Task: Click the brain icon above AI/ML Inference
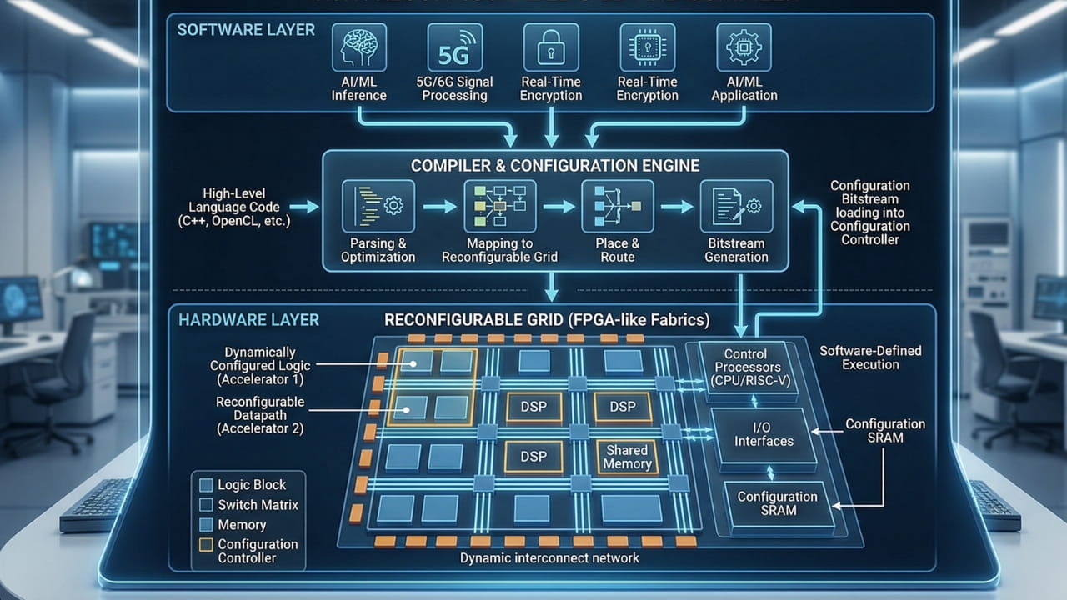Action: tap(358, 47)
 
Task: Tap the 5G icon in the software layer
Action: tap(454, 47)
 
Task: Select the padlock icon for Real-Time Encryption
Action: tap(551, 47)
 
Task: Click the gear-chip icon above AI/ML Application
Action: tap(744, 47)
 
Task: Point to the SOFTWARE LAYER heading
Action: tap(246, 30)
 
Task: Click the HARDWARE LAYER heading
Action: tap(248, 320)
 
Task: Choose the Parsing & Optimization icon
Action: tap(378, 206)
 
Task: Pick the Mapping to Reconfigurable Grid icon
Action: tap(499, 206)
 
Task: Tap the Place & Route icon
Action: tap(618, 206)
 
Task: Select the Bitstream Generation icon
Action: tap(736, 206)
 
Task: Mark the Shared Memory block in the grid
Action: tap(627, 457)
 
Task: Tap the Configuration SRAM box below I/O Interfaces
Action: tap(777, 503)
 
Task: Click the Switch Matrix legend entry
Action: tap(258, 505)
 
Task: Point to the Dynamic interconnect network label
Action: tap(549, 558)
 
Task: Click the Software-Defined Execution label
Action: tap(870, 357)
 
